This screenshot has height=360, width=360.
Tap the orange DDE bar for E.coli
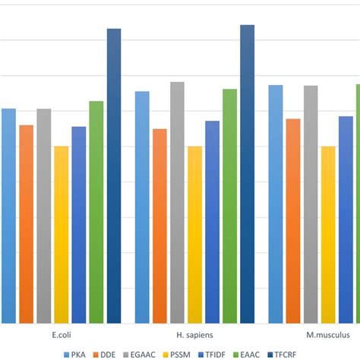point(26,224)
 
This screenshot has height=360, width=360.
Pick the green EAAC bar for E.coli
point(96,212)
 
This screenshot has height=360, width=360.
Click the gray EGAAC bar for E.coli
point(43,216)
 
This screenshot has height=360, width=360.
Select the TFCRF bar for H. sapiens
point(248,174)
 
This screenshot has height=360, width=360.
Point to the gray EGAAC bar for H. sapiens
point(177,202)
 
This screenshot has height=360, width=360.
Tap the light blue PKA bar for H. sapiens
point(142,207)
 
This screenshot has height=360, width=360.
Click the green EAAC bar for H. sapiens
point(229,206)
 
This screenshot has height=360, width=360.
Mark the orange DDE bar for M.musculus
point(293,220)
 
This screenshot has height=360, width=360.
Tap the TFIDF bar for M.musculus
point(346,219)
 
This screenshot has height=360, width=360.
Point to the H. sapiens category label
point(194,335)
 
